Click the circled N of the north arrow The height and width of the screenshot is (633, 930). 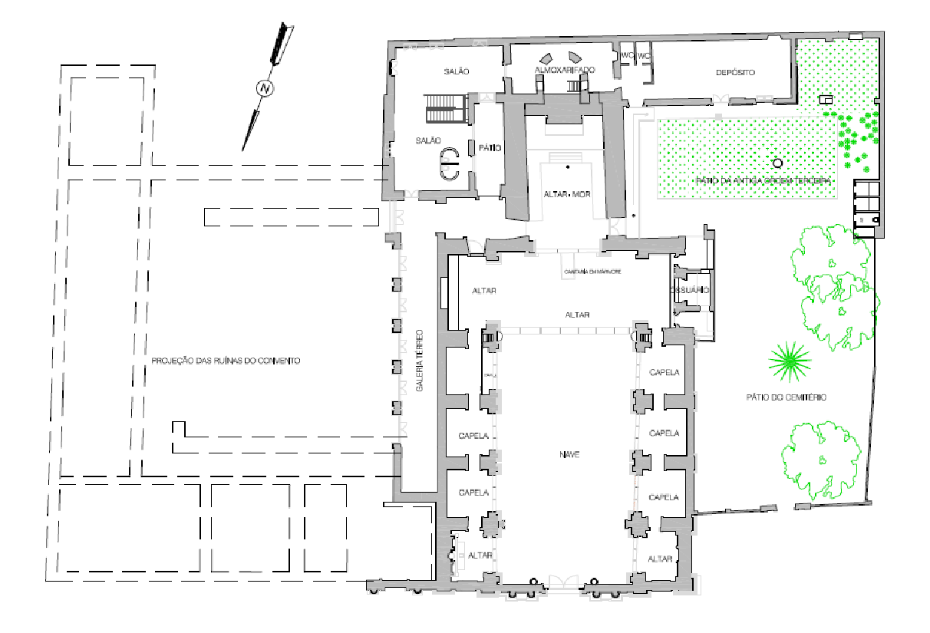(x=265, y=88)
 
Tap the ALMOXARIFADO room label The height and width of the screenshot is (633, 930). (x=565, y=70)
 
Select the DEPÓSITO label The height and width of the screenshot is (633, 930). (x=735, y=72)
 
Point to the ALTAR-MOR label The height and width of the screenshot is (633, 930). (x=566, y=194)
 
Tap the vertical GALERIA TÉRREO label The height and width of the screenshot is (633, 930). (x=420, y=361)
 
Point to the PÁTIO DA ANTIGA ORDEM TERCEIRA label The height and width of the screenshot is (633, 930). (x=763, y=180)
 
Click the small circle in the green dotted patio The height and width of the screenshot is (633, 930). (x=777, y=163)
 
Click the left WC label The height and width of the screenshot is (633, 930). (x=628, y=56)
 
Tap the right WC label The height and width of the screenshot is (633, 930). (x=644, y=56)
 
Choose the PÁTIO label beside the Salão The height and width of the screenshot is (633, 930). (x=490, y=148)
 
